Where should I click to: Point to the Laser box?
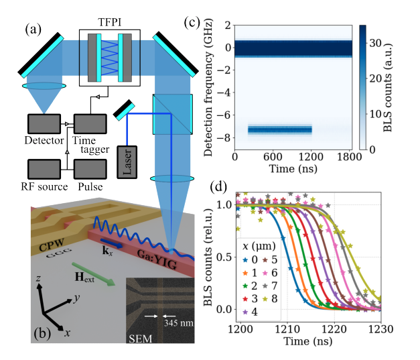click(130, 163)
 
